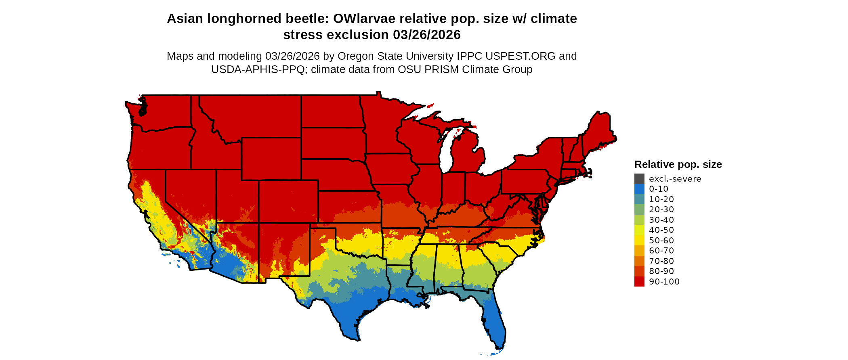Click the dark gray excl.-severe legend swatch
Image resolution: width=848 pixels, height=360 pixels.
[639, 179]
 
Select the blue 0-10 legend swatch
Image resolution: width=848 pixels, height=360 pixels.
[639, 189]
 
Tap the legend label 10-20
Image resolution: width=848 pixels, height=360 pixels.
[661, 199]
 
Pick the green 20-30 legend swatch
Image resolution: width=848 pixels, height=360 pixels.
[639, 209]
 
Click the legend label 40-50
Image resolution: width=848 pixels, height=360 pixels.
[661, 230]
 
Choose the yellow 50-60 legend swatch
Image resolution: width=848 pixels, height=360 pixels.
[639, 241]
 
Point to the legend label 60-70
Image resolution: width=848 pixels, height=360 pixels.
[661, 251]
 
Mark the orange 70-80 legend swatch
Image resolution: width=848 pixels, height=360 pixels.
[639, 261]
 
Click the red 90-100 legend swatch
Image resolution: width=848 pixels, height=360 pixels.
[639, 282]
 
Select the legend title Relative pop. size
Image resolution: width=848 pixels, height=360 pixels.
[678, 164]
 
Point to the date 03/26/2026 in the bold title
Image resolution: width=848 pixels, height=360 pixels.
[426, 35]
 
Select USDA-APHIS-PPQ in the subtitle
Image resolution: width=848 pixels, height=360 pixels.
[258, 69]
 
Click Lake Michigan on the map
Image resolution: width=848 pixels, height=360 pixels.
[445, 155]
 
